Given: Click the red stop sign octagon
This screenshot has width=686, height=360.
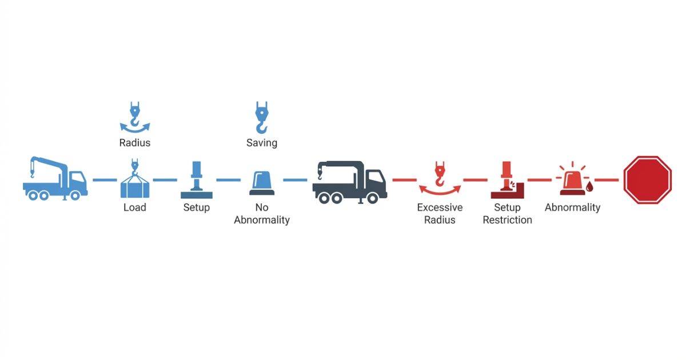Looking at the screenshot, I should (647, 179).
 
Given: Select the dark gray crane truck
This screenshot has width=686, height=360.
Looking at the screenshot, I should (349, 181).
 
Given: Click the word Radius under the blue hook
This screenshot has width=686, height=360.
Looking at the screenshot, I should (135, 143).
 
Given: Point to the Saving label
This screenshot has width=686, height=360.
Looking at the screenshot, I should (262, 143).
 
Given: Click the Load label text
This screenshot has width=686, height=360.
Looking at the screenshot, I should (135, 207).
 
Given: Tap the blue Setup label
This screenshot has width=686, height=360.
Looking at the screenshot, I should (197, 207).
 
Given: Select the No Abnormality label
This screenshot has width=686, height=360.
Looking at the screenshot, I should (262, 214).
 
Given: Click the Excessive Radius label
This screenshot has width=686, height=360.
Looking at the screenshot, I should (440, 214).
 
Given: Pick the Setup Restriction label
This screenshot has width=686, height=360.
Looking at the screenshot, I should (507, 214).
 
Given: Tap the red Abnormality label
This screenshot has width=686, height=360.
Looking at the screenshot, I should (572, 207).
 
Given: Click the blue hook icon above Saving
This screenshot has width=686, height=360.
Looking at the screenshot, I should (261, 117).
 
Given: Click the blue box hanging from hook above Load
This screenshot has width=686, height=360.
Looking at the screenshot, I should (135, 187).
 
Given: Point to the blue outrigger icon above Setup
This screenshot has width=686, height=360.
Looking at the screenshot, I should (197, 180).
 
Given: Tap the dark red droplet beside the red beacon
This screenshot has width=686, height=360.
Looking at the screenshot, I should (589, 186).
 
